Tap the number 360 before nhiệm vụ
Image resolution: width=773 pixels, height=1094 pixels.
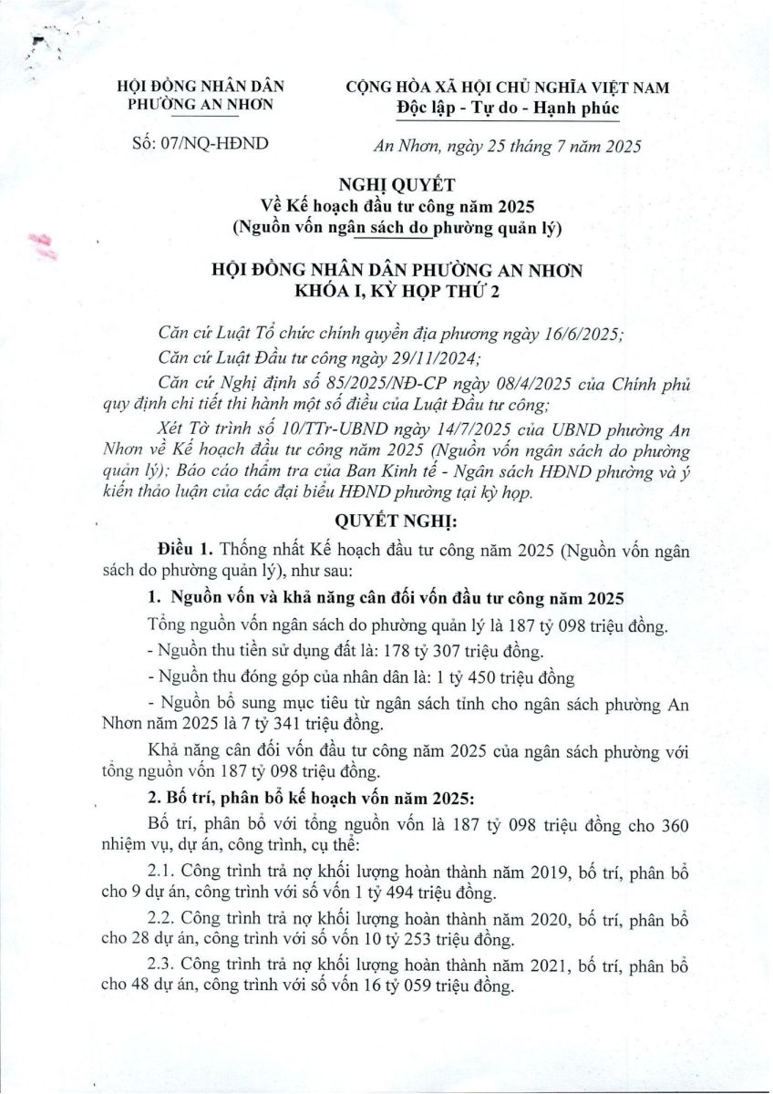click(x=671, y=824)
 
